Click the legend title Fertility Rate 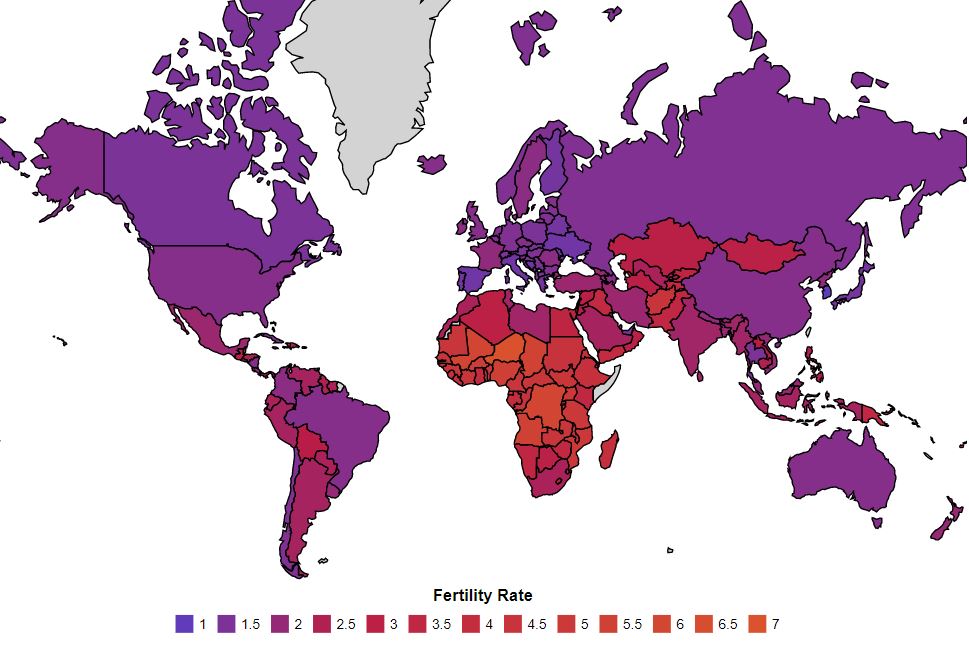[482, 596]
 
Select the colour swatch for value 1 [183, 624]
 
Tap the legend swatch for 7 [756, 624]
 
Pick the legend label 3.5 [441, 624]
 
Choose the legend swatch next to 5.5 [612, 624]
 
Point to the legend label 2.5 [345, 624]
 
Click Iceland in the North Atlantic [432, 163]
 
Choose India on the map [690, 340]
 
